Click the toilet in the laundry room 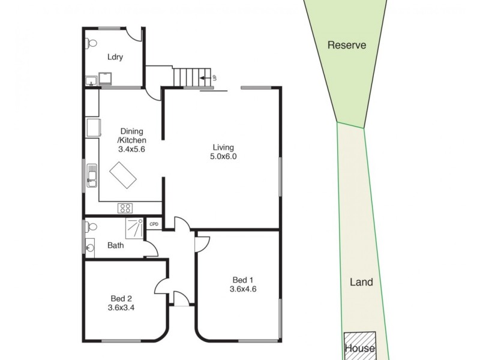click(x=91, y=43)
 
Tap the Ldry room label click(x=115, y=58)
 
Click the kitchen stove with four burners click(x=126, y=208)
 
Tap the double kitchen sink click(x=92, y=176)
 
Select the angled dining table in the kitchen click(x=124, y=176)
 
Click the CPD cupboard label click(x=154, y=224)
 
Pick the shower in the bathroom click(x=134, y=227)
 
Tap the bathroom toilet click(x=91, y=227)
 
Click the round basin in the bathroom click(x=90, y=245)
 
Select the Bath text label click(x=116, y=245)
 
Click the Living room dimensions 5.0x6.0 click(x=223, y=157)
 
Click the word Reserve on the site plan click(x=347, y=45)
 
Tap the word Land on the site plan click(x=361, y=282)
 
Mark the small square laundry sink click(x=91, y=81)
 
